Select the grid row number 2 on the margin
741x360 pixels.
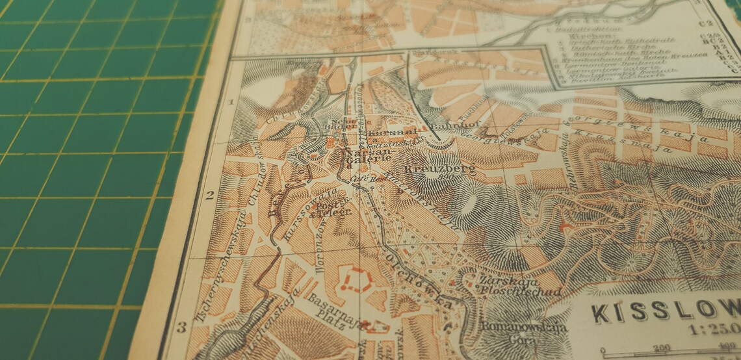tap(210, 194)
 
